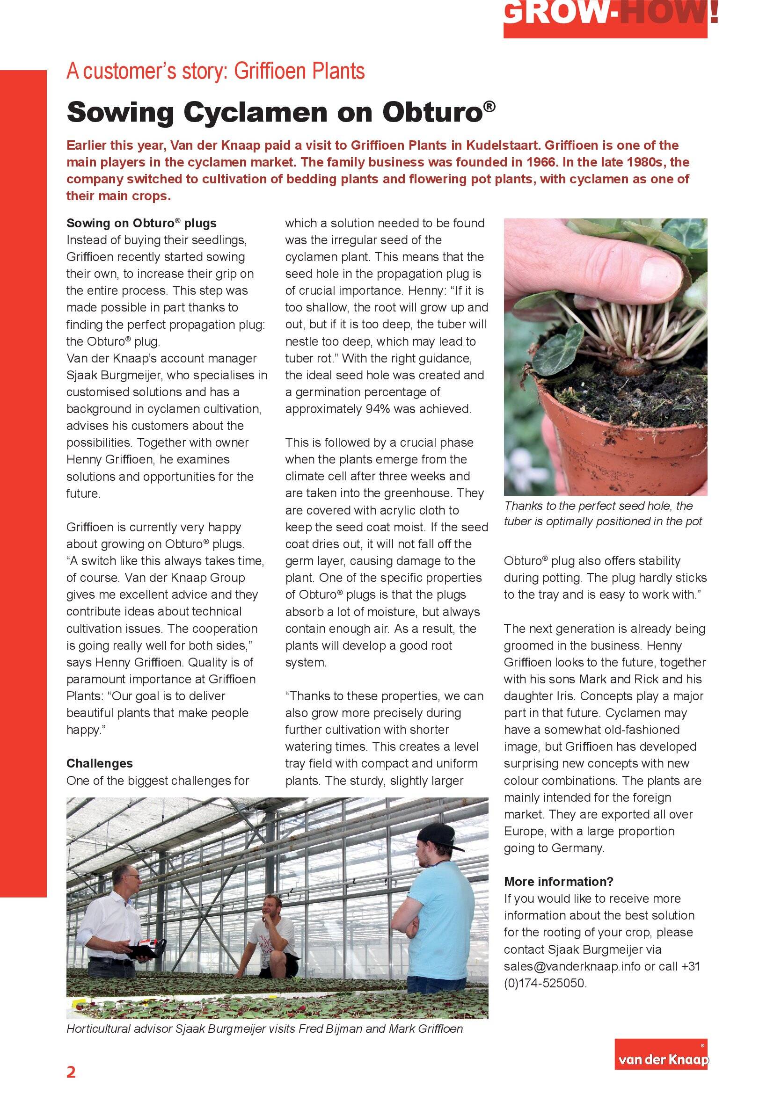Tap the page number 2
[71, 1072]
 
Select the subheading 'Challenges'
[99, 763]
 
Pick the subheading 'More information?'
[558, 882]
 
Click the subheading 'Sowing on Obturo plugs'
[141, 223]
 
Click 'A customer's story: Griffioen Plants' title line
[215, 71]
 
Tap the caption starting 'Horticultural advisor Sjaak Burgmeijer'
[264, 1029]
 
